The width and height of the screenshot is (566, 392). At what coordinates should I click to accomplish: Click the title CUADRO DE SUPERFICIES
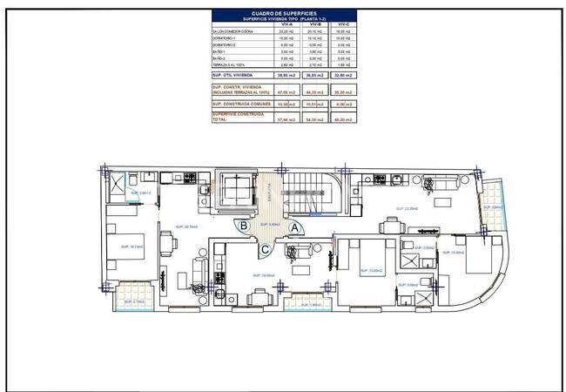tap(282, 13)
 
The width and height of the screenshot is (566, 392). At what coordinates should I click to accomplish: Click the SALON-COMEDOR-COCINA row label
tap(231, 32)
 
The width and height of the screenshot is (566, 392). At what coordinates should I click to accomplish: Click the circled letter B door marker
tap(246, 226)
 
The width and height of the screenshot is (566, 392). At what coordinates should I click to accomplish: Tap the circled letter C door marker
tap(265, 250)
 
